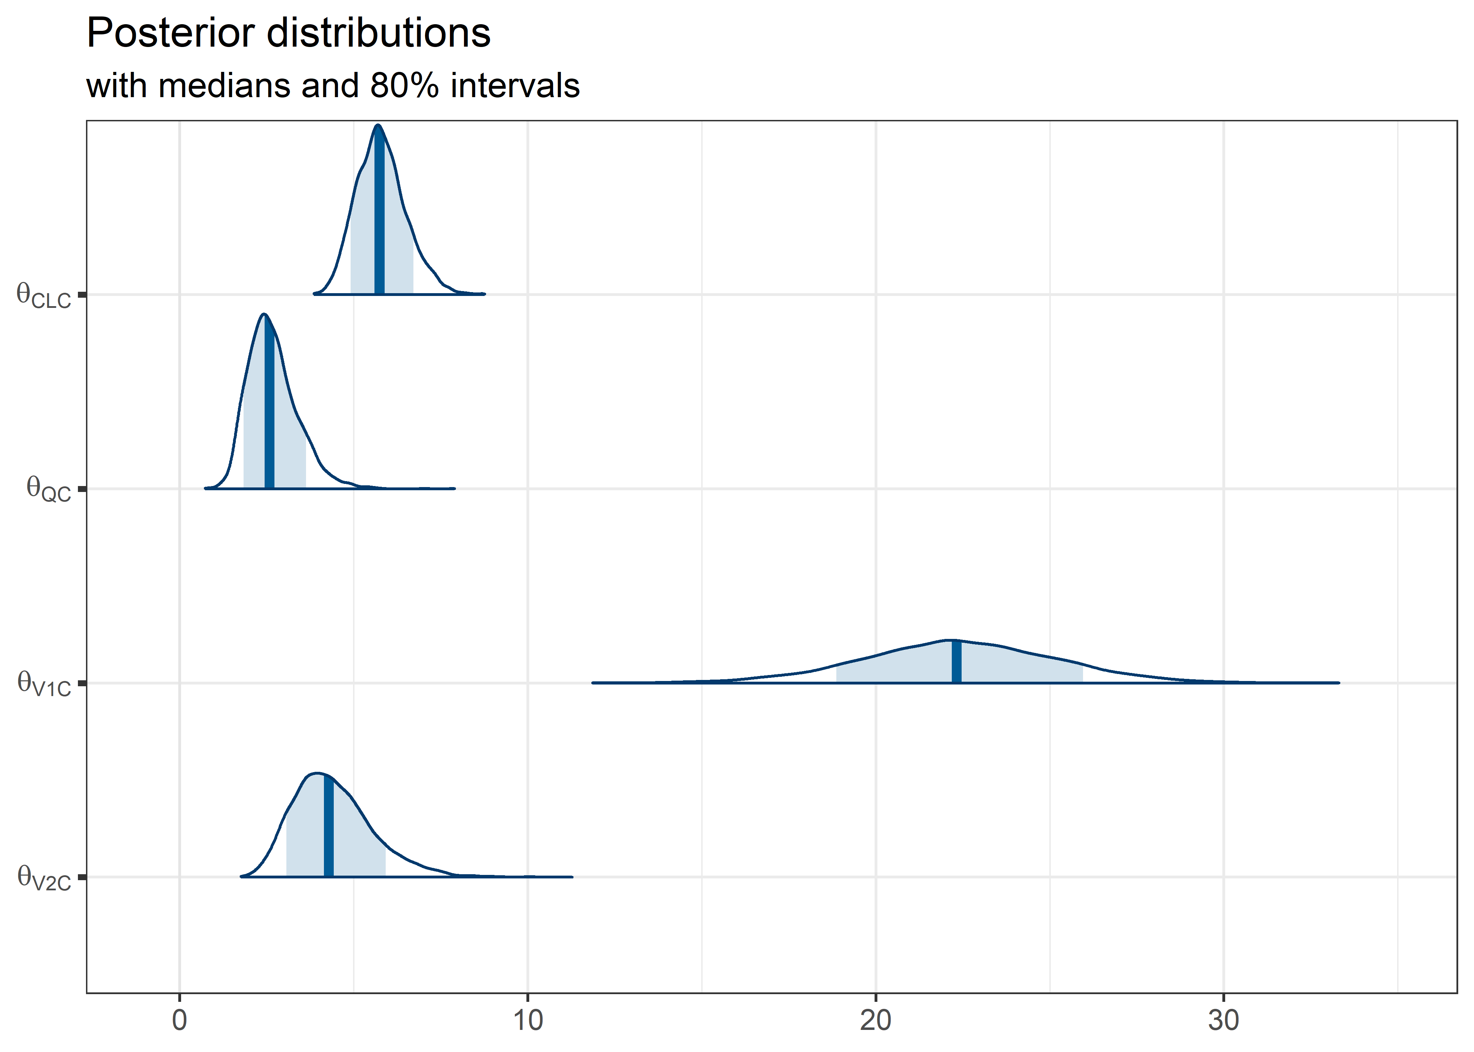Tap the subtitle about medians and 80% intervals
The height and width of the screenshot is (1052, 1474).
point(332,86)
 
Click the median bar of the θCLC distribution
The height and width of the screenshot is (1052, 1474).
point(379,214)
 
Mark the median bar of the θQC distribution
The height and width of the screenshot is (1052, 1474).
point(269,408)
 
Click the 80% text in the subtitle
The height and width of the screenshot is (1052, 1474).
point(405,86)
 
